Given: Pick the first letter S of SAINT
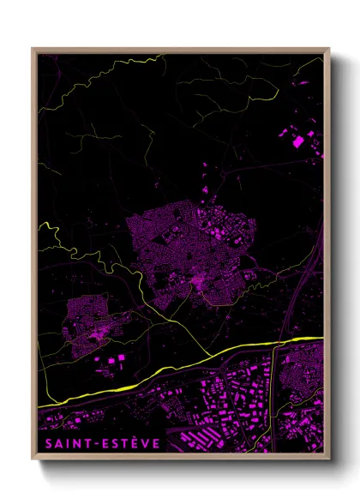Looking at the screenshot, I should tap(44, 444).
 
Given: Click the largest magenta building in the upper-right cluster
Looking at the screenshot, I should tap(298, 142).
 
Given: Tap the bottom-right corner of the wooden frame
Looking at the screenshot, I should tap(328, 456).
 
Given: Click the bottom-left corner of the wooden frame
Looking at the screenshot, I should tap(33, 456).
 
